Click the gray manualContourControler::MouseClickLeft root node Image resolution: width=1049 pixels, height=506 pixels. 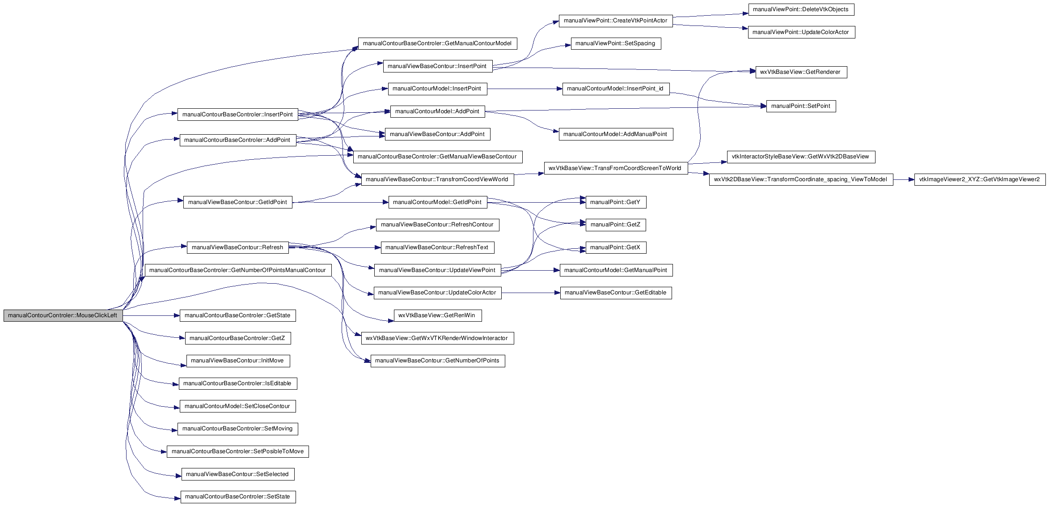coord(63,315)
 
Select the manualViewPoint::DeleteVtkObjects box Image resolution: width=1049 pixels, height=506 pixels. coord(801,9)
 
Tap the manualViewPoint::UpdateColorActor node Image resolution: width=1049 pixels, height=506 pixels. coord(801,32)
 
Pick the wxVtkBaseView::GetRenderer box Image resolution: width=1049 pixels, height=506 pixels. coord(801,72)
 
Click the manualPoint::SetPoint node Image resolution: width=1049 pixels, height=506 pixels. coord(801,106)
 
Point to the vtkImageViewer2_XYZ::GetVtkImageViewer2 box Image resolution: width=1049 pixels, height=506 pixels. coord(980,180)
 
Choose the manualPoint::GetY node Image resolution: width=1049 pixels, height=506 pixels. coord(616,202)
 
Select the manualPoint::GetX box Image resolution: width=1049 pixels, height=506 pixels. coord(616,247)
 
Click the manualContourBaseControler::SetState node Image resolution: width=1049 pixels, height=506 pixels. coord(238,497)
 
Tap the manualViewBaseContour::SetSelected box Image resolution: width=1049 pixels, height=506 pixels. coord(238,474)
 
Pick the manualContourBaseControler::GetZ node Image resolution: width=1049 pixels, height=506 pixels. coord(238,338)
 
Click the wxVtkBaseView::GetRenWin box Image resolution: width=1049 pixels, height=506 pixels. coord(437,315)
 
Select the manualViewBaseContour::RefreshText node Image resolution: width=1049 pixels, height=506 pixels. coord(437,247)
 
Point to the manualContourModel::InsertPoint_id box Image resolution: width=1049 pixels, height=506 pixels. coord(616,89)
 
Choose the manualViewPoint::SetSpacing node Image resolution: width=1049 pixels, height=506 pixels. coord(616,43)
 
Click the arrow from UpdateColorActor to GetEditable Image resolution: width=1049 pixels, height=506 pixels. coord(531,293)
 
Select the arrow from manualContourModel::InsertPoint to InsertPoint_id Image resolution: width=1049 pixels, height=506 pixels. coord(524,89)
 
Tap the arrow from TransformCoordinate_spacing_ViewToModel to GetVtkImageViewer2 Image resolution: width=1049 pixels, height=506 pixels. coord(904,180)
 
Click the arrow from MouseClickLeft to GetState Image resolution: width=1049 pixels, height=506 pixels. coord(151,315)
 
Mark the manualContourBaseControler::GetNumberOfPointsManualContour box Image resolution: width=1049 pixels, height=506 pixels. coord(238,270)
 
